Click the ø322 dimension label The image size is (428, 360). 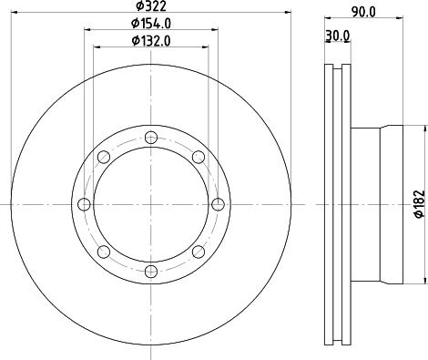(x=151, y=5)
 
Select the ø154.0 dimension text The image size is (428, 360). (x=151, y=24)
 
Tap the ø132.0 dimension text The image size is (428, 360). (x=151, y=41)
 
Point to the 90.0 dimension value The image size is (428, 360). (x=363, y=12)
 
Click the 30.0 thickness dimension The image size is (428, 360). (x=338, y=36)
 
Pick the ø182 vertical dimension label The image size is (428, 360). (x=421, y=204)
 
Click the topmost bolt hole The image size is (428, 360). (x=151, y=138)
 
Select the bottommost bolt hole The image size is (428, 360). (x=151, y=272)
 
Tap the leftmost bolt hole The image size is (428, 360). (x=84, y=204)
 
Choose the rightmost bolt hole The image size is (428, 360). (x=218, y=204)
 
